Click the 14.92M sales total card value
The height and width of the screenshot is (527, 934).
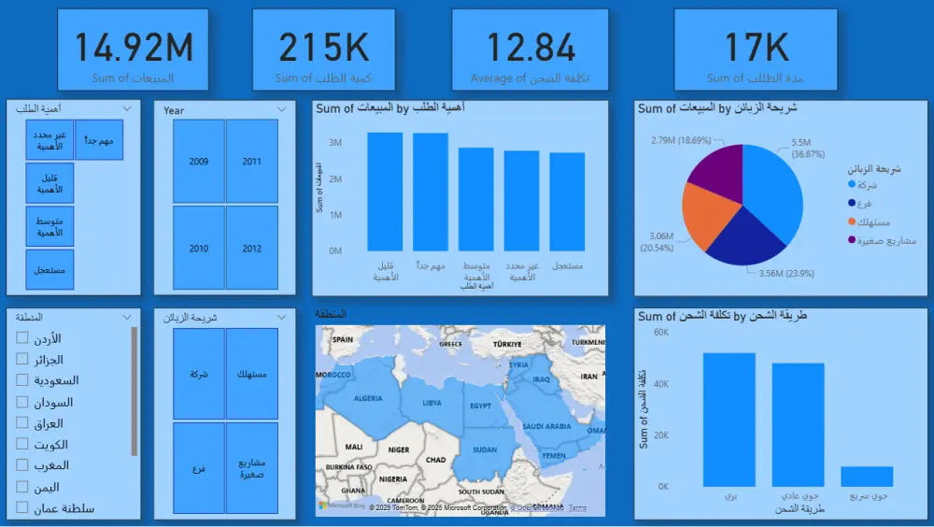(x=133, y=47)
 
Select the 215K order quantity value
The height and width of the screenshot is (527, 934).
(x=323, y=47)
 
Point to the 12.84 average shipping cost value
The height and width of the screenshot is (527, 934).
(x=530, y=47)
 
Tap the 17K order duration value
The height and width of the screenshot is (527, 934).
(x=757, y=47)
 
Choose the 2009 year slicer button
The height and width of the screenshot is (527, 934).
(x=198, y=161)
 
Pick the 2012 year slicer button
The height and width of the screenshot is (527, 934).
(x=252, y=249)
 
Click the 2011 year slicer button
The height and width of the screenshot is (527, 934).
(x=252, y=161)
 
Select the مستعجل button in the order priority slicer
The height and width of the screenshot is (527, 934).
(x=50, y=270)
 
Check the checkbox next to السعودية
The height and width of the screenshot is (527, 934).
(x=22, y=380)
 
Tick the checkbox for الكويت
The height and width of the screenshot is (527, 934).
(x=22, y=444)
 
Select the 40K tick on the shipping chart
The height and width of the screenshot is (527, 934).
(x=660, y=384)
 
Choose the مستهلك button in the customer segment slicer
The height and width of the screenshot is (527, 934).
(x=252, y=374)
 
